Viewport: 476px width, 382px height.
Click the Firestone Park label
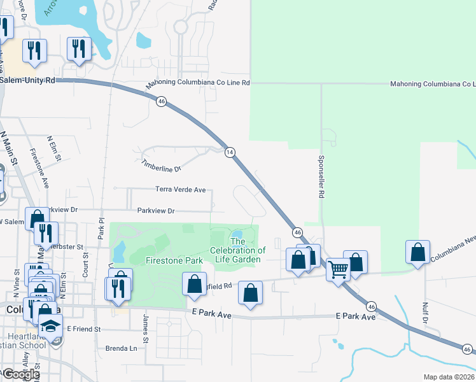tap(165, 260)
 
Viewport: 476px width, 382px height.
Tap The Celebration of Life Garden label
tap(238, 250)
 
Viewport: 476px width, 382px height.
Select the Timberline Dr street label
tap(161, 166)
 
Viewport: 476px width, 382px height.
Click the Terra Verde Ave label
tap(181, 190)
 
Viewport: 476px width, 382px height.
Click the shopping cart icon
tap(338, 269)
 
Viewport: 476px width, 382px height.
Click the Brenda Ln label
tap(121, 349)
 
